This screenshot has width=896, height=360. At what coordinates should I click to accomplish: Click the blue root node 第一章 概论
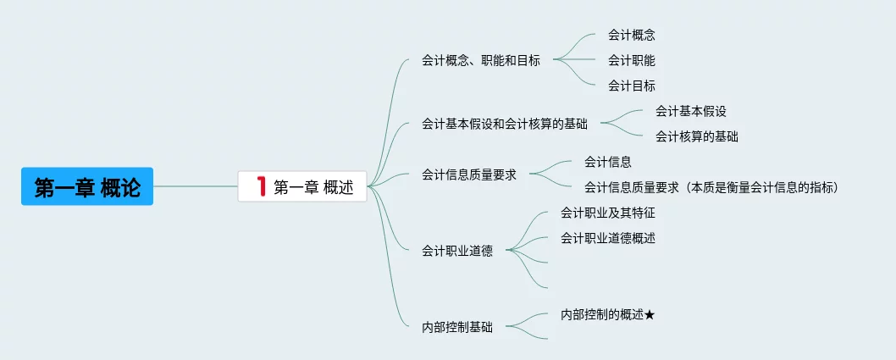[x=87, y=186]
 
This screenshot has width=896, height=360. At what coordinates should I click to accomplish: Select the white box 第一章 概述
[x=302, y=186]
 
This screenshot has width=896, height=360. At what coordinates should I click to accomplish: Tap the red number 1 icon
[x=261, y=186]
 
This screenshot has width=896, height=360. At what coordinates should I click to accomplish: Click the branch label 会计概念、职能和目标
[x=480, y=60]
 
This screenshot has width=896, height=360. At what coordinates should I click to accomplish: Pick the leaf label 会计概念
[x=631, y=36]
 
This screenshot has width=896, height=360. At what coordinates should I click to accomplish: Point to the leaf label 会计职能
[x=631, y=60]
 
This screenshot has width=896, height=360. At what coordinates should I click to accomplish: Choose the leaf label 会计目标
[x=631, y=86]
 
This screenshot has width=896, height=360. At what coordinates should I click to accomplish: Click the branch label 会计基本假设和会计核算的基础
[x=504, y=124]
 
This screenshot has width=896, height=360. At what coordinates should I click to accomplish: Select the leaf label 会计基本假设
[x=690, y=111]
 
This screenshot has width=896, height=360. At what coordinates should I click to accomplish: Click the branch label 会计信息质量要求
[x=468, y=174]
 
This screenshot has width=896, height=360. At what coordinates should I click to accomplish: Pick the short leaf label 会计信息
[x=607, y=162]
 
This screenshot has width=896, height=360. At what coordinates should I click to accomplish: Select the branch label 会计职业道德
[x=456, y=251]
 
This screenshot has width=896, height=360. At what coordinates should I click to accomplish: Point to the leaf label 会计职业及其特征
[x=607, y=213]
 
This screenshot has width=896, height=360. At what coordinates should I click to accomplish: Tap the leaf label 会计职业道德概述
[x=607, y=238]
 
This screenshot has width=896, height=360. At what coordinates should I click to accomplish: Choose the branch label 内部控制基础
[x=456, y=326]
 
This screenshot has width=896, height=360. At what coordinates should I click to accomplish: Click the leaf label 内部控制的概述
[x=601, y=314]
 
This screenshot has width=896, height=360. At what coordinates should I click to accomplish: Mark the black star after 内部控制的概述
[x=650, y=314]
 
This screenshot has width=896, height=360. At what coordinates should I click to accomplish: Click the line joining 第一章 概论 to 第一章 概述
[x=196, y=186]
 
